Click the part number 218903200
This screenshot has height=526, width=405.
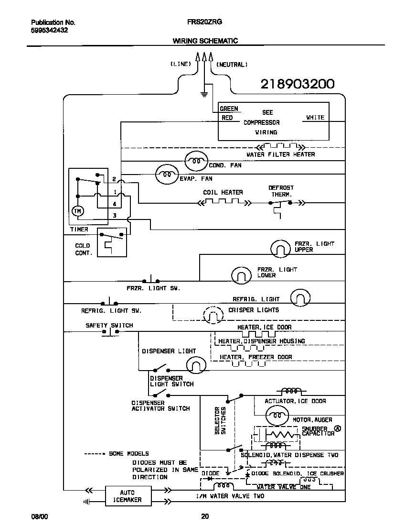pyautogui.click(x=297, y=84)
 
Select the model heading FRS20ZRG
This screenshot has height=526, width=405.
pyautogui.click(x=205, y=22)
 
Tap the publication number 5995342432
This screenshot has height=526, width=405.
pyautogui.click(x=49, y=30)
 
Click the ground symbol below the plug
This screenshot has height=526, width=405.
pyautogui.click(x=204, y=93)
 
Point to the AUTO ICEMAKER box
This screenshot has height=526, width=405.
pyautogui.click(x=128, y=496)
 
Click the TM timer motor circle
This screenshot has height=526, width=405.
pyautogui.click(x=77, y=211)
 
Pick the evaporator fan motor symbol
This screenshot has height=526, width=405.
pyautogui.click(x=167, y=175)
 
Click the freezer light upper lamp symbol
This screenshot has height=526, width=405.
pyautogui.click(x=280, y=248)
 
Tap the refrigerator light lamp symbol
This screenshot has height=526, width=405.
pyautogui.click(x=300, y=297)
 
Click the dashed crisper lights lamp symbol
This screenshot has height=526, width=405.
pyautogui.click(x=213, y=315)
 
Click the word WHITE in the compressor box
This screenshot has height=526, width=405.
pyautogui.click(x=315, y=117)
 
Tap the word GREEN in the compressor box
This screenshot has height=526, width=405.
pyautogui.click(x=229, y=109)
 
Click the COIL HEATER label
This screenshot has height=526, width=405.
pyautogui.click(x=223, y=192)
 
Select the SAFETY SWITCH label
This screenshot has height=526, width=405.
pyautogui.click(x=109, y=325)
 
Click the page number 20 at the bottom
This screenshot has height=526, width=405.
pyautogui.click(x=204, y=516)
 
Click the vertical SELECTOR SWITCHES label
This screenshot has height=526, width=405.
pyautogui.click(x=220, y=420)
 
